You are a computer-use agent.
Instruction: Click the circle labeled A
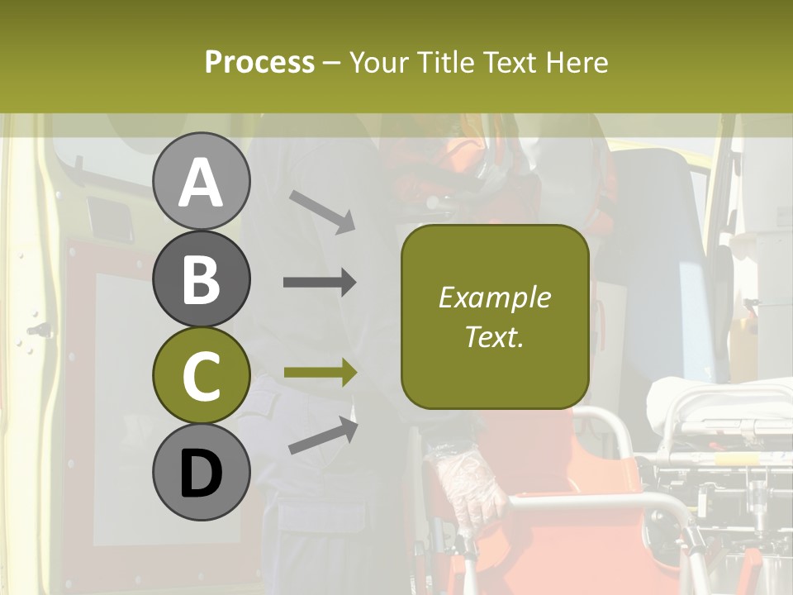[x=201, y=181]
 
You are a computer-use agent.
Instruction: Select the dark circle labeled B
[x=201, y=278]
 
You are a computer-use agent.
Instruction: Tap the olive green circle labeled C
[x=201, y=375]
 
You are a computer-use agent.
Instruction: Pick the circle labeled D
[x=201, y=472]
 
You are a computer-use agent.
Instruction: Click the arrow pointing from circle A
[x=322, y=211]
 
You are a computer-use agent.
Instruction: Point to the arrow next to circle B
[x=320, y=283]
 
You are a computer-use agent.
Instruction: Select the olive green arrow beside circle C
[x=320, y=374]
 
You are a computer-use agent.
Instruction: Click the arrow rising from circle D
[x=323, y=436]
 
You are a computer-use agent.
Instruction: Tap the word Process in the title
[x=259, y=62]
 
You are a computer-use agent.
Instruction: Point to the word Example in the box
[x=494, y=297]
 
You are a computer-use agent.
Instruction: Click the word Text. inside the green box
[x=494, y=336]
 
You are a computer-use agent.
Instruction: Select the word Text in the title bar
[x=509, y=62]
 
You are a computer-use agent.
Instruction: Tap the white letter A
[x=201, y=183]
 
